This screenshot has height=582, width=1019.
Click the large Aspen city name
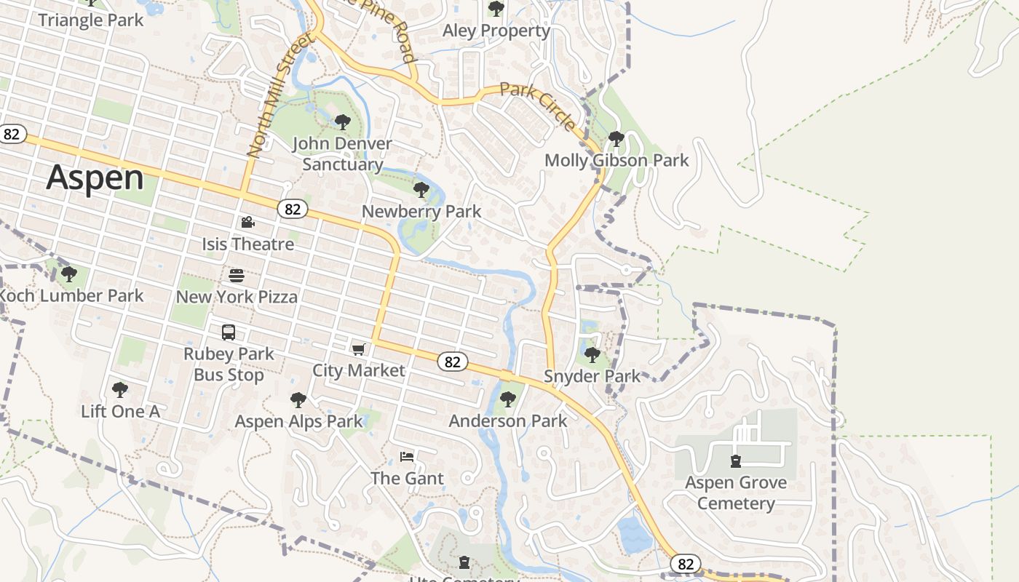[x=95, y=178]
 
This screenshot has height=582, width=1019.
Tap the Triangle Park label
[x=91, y=20]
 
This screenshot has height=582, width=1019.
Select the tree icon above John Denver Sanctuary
[x=342, y=122]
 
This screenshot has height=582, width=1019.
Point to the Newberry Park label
[x=421, y=212]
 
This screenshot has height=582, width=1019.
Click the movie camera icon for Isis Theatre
[x=247, y=222]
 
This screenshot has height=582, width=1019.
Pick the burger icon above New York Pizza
[x=237, y=276]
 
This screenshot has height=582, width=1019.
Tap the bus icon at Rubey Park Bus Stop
[x=229, y=332]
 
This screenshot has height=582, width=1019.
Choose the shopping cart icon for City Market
[x=358, y=350]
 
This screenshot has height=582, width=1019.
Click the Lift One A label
[x=120, y=411]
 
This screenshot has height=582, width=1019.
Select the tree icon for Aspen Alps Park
[x=298, y=400]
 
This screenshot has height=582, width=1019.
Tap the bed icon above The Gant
[x=407, y=457]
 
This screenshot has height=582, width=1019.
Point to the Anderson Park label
[x=508, y=420]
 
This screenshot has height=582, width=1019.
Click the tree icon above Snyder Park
[x=592, y=355]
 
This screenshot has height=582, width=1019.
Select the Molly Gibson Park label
[x=616, y=160]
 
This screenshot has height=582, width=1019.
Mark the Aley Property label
[x=496, y=31]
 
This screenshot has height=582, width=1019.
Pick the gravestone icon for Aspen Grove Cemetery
[x=736, y=461]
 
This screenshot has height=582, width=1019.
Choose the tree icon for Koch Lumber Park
[x=69, y=274]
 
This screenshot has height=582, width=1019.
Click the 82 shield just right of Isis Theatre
[x=292, y=210]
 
